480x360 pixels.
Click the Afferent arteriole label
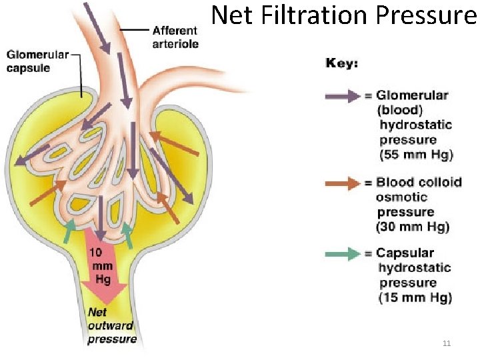point(175,37)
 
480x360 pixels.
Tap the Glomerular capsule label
point(38,61)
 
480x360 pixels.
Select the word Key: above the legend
point(342,63)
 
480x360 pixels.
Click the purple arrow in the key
point(344,96)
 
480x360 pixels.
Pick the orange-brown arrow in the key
point(344,183)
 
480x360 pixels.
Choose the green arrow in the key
point(344,254)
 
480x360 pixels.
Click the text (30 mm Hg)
point(413,227)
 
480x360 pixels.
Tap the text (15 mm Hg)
point(415,297)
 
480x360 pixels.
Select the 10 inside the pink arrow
point(96,253)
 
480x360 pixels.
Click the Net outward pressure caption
point(111,325)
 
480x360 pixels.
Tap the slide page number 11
point(447,343)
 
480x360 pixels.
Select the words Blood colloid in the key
point(419,183)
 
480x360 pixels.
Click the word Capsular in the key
point(405,253)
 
